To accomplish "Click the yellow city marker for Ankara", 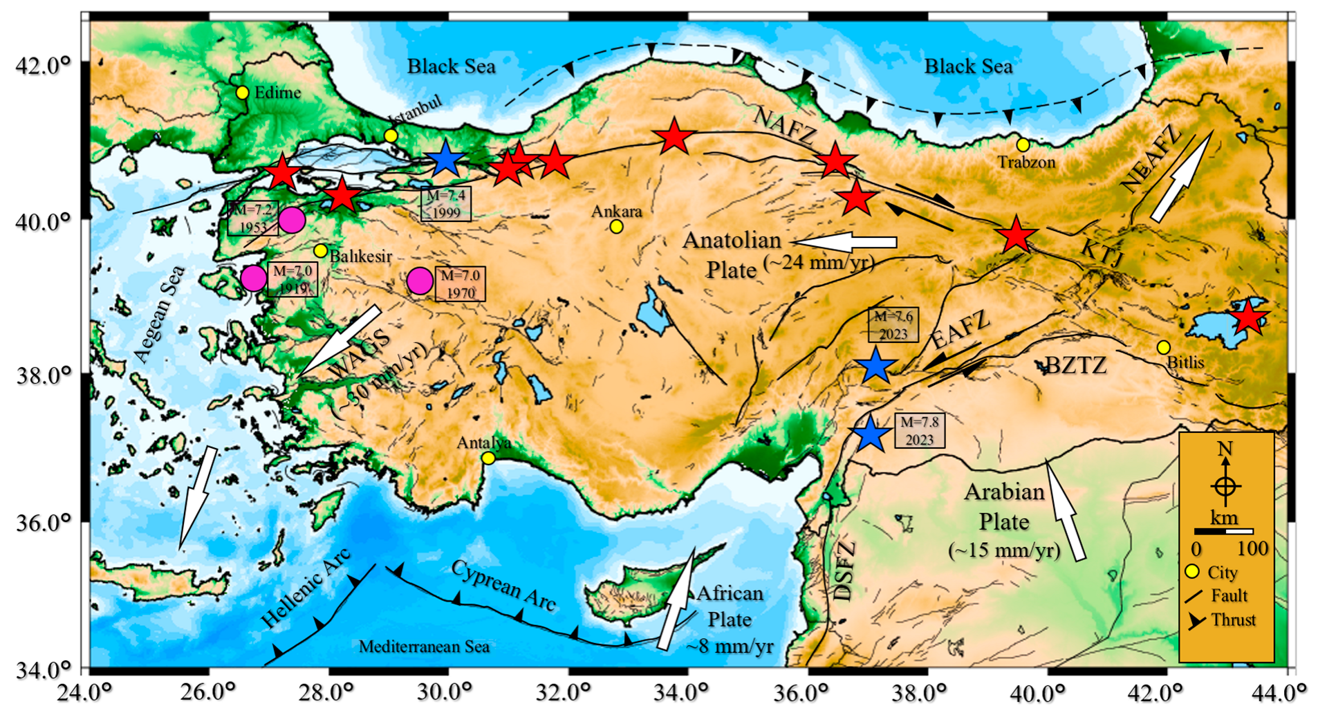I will click(x=616, y=226).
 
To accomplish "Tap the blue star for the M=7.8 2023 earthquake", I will click(x=870, y=434).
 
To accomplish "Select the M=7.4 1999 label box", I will click(x=446, y=204).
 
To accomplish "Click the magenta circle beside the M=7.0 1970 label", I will click(x=420, y=281).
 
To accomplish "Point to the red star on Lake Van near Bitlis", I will click(x=1249, y=319).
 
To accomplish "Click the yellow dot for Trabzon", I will click(x=1023, y=145).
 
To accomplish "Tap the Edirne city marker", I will click(x=242, y=93).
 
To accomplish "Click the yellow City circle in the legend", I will click(x=1192, y=573).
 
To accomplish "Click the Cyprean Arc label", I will click(x=503, y=586).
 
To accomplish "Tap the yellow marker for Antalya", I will click(x=488, y=458).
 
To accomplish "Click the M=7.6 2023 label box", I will click(x=893, y=325).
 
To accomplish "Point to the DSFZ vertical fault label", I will click(x=845, y=571).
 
